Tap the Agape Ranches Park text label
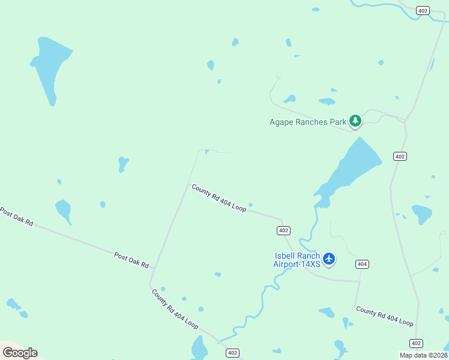point(308,122)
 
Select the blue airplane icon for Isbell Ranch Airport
point(328,259)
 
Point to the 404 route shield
point(362,264)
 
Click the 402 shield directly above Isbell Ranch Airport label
point(284,230)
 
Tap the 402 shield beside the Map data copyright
point(416,343)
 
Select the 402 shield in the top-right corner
point(423,11)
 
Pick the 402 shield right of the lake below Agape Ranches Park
point(400,156)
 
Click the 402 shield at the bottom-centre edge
point(233,353)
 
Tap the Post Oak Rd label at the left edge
point(16,217)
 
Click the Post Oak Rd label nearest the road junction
point(131,260)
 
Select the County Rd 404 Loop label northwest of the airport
point(219,197)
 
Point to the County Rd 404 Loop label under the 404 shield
point(385,316)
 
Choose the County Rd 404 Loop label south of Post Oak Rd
point(175,309)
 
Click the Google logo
point(20,353)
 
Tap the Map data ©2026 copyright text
point(424,355)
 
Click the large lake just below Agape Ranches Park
point(351,167)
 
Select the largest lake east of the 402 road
point(422,213)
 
